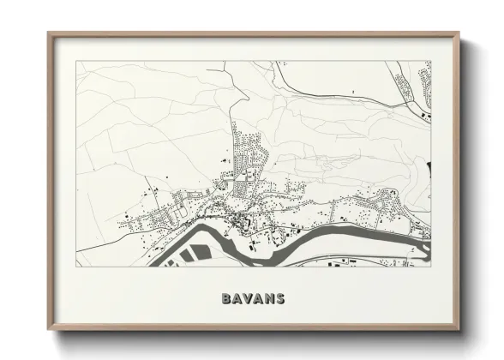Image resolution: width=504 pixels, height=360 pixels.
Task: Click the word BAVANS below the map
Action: tap(252, 299)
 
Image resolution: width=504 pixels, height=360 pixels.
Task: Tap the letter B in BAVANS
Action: tap(225, 299)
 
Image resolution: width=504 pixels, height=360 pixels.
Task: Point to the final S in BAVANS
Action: tap(279, 299)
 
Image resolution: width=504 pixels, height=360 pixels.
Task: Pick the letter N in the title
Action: tap(268, 299)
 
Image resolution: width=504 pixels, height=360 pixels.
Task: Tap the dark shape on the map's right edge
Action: tap(425, 165)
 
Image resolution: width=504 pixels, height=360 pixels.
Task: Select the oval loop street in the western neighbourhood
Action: tap(181, 203)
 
